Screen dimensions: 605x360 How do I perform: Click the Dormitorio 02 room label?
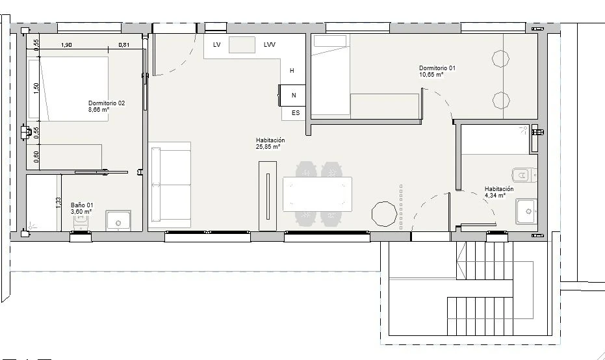pyautogui.click(x=107, y=103)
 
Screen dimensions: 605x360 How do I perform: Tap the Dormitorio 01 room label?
pyautogui.click(x=437, y=68)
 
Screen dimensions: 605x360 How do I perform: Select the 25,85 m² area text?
pyautogui.click(x=268, y=147)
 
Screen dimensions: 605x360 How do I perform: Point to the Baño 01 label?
pyautogui.click(x=82, y=205)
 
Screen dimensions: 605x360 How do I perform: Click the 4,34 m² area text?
pyautogui.click(x=495, y=195)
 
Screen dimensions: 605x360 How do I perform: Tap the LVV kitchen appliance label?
pyautogui.click(x=269, y=45)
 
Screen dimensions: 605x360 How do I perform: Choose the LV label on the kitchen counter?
pyautogui.click(x=217, y=45)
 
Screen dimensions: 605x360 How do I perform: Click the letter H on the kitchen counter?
pyautogui.click(x=292, y=71)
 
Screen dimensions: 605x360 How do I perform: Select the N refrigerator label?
pyautogui.click(x=294, y=96)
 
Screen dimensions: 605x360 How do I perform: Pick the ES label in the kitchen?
pyautogui.click(x=296, y=113)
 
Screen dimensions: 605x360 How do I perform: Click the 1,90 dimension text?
pyautogui.click(x=66, y=45)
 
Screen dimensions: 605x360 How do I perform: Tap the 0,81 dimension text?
pyautogui.click(x=124, y=45)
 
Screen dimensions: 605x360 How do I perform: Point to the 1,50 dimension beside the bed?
pyautogui.click(x=36, y=88)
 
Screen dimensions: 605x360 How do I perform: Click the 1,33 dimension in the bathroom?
pyautogui.click(x=58, y=203)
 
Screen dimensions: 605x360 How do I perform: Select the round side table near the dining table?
pyautogui.click(x=384, y=213)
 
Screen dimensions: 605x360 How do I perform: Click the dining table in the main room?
pyautogui.click(x=317, y=194)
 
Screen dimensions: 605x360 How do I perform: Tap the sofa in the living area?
pyautogui.click(x=170, y=185)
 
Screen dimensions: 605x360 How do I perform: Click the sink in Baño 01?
pyautogui.click(x=118, y=221)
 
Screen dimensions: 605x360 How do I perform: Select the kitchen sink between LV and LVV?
pyautogui.click(x=242, y=45)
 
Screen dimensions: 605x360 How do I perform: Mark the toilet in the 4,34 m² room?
pyautogui.click(x=524, y=175)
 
